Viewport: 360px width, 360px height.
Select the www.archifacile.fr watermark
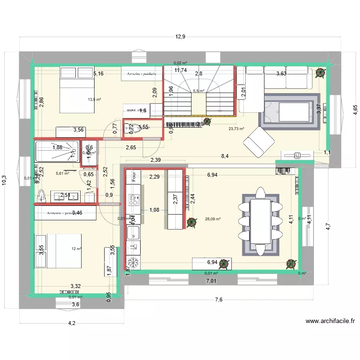[x=330, y=322]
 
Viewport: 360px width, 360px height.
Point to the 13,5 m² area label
[x=95, y=100]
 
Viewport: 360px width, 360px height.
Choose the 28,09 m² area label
[x=213, y=219]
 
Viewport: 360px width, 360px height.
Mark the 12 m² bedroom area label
[x=77, y=249]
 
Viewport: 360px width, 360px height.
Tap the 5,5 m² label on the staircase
[x=198, y=91]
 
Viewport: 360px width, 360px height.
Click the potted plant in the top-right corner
[x=320, y=73]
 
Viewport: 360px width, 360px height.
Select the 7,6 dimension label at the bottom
[x=218, y=300]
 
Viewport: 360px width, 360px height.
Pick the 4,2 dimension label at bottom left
[x=72, y=323]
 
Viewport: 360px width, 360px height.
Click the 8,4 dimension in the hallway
[x=224, y=156]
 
